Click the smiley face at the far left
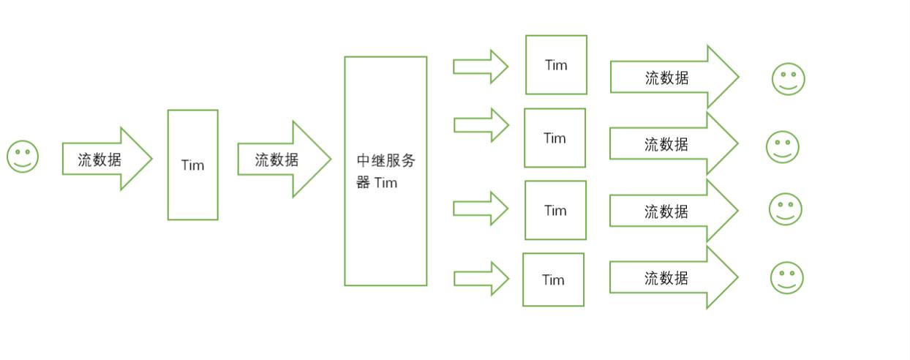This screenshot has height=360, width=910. pyautogui.click(x=23, y=157)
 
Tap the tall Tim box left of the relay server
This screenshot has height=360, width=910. pyautogui.click(x=192, y=165)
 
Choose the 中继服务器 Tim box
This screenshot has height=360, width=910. pyautogui.click(x=386, y=171)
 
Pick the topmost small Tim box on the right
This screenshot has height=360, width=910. pyautogui.click(x=556, y=65)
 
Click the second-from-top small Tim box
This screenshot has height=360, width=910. pyautogui.click(x=554, y=138)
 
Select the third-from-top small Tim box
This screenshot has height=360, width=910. pyautogui.click(x=555, y=210)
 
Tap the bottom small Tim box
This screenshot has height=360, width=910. pyautogui.click(x=553, y=280)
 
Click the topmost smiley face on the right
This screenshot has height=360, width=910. pyautogui.click(x=788, y=79)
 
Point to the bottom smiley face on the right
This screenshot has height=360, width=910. pyautogui.click(x=786, y=278)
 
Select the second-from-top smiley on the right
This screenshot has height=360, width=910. pyautogui.click(x=782, y=147)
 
